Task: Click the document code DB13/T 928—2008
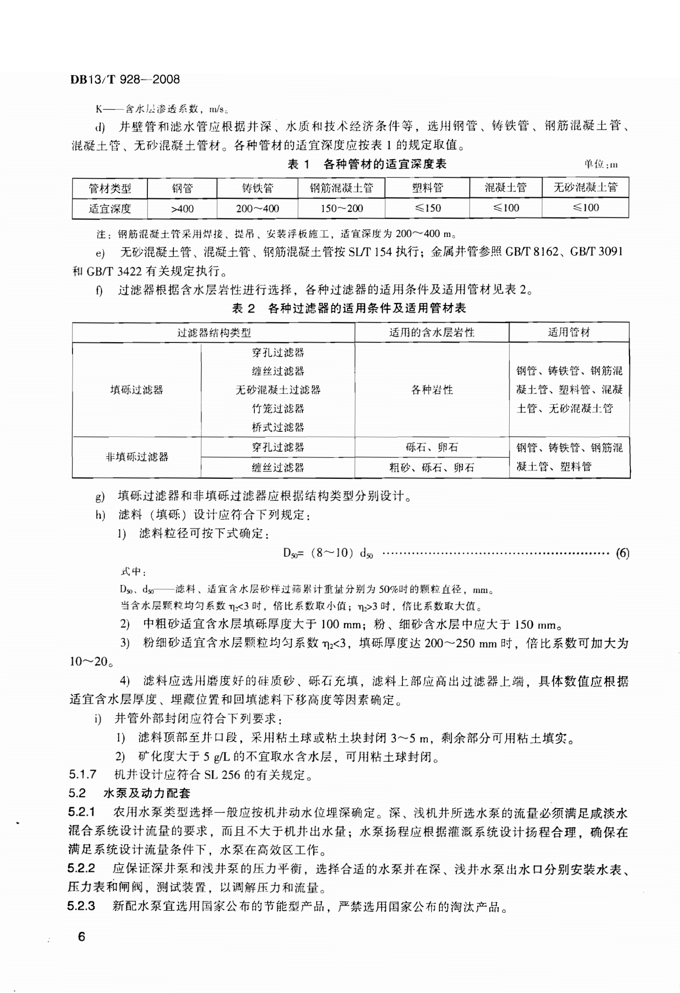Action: (x=125, y=79)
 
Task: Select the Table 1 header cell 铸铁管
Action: (x=257, y=188)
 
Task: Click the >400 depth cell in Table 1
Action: (x=182, y=209)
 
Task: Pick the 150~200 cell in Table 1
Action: (x=341, y=209)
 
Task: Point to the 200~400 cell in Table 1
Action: (x=257, y=209)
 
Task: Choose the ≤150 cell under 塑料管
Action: (x=427, y=208)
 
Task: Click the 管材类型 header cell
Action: (x=110, y=189)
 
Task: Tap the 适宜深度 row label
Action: (x=110, y=209)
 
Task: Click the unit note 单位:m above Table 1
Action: (x=601, y=164)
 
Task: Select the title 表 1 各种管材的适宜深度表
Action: (x=367, y=164)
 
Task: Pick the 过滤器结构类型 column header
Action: (x=213, y=332)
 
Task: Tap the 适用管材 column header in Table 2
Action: (x=569, y=332)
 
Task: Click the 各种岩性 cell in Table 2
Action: (x=432, y=390)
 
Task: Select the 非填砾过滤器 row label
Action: (x=137, y=457)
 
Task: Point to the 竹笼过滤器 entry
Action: (x=278, y=408)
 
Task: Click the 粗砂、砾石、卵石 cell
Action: (x=432, y=468)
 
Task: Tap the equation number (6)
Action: (x=622, y=553)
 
